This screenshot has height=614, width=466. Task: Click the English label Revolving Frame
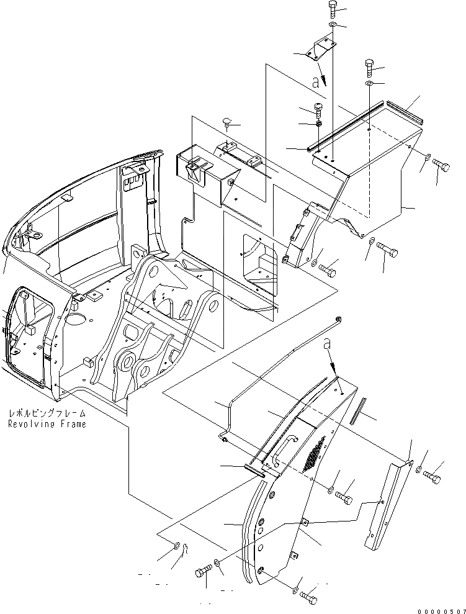tap(47, 424)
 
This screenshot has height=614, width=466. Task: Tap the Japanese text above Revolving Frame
tap(47, 413)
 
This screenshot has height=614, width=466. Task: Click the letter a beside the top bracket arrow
tap(316, 81)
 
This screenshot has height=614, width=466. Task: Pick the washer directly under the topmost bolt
tap(333, 25)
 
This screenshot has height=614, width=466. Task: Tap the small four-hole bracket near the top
tap(322, 48)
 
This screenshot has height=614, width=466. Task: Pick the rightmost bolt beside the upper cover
tap(441, 166)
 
